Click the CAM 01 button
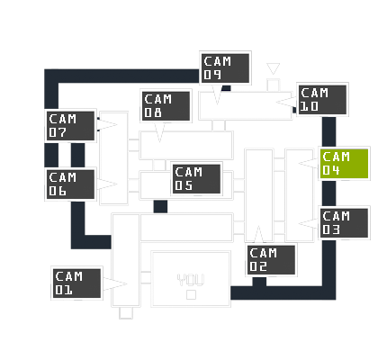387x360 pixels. (76, 283)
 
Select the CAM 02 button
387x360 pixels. (271, 260)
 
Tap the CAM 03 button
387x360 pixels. (344, 223)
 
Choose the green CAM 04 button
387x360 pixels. (344, 164)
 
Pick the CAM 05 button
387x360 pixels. (196, 179)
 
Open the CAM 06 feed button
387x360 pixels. (70, 184)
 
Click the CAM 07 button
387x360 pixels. (70, 126)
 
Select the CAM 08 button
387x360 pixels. (166, 105)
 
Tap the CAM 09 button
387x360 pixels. (225, 68)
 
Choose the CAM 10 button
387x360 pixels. (322, 100)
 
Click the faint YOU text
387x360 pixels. (191, 280)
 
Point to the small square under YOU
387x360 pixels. (191, 295)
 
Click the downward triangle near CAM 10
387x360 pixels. (273, 68)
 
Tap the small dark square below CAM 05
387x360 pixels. (160, 207)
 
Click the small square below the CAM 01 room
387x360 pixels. (126, 313)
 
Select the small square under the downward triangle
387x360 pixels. (273, 85)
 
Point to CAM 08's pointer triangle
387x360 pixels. (159, 132)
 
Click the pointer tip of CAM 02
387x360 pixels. (258, 226)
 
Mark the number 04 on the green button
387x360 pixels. (331, 170)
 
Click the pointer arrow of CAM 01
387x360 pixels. (115, 283)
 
